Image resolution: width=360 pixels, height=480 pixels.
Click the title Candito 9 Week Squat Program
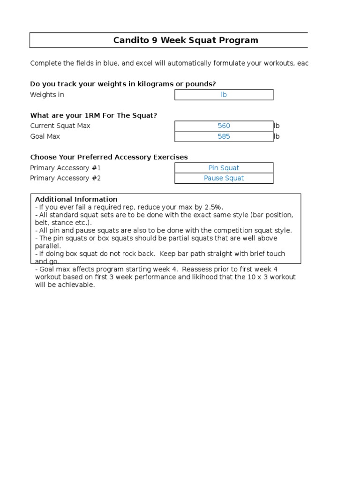[186, 40]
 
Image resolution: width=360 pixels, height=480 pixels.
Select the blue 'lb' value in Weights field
[224, 95]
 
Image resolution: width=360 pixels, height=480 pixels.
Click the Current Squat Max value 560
[224, 126]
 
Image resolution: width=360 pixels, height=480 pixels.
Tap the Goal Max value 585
[224, 136]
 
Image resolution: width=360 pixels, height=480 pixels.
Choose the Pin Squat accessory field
[224, 168]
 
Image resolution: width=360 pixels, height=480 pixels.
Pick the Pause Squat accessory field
[224, 178]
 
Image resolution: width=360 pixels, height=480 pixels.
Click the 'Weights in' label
[47, 95]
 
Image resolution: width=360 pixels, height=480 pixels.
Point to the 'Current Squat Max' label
[60, 126]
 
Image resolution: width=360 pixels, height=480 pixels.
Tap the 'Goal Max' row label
[45, 136]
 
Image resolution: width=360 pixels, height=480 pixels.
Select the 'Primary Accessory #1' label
[65, 168]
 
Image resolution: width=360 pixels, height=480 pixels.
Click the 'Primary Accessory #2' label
[65, 178]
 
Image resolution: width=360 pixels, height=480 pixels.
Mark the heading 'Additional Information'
[76, 199]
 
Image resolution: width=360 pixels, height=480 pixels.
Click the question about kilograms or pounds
[123, 84]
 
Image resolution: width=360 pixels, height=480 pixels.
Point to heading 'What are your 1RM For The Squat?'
[93, 115]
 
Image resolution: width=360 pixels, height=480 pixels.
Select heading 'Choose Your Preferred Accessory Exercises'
[109, 157]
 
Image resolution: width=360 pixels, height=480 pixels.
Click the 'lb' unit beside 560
[277, 126]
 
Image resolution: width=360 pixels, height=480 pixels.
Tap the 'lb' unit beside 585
[277, 136]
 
